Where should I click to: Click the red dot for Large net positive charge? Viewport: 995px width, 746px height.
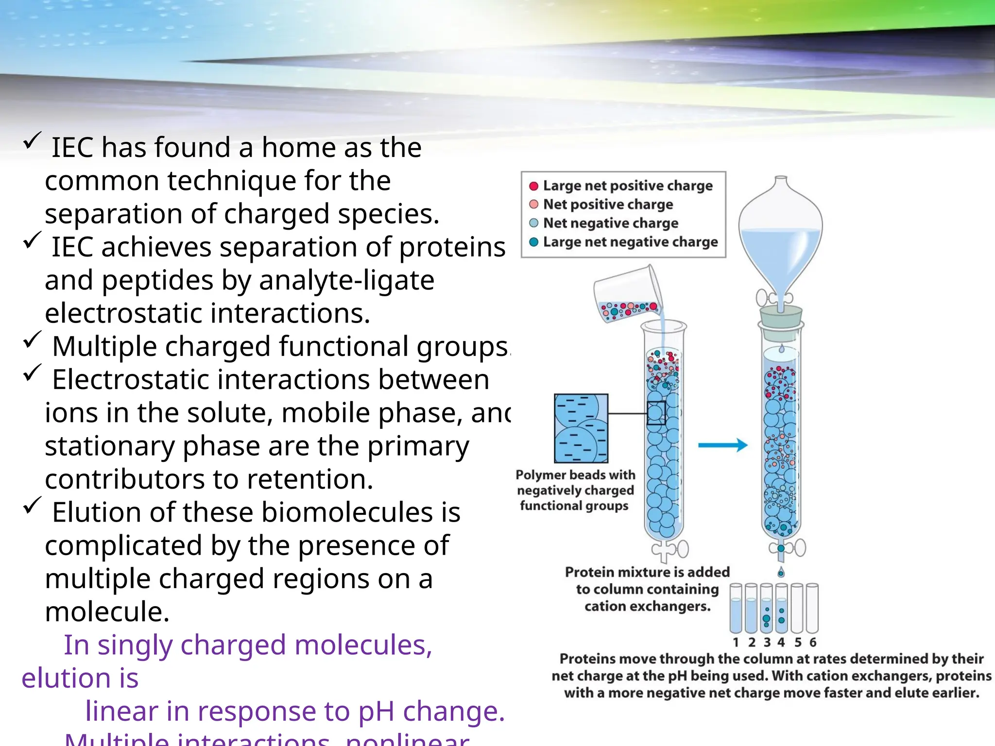pyautogui.click(x=533, y=186)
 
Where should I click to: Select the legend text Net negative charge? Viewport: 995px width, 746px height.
pyautogui.click(x=610, y=223)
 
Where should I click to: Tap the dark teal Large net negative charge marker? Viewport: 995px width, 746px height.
pyautogui.click(x=533, y=242)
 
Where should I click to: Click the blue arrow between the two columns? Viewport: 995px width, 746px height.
pyautogui.click(x=722, y=445)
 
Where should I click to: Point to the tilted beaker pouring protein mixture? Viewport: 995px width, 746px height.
pyautogui.click(x=627, y=294)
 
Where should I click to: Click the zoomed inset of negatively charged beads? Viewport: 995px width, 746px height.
pyautogui.click(x=581, y=428)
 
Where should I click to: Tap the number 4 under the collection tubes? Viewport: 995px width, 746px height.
pyautogui.click(x=781, y=642)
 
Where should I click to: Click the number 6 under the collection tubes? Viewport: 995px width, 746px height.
pyautogui.click(x=813, y=642)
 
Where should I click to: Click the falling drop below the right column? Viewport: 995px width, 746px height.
pyautogui.click(x=781, y=572)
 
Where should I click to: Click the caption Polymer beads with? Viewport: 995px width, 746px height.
pyautogui.click(x=575, y=475)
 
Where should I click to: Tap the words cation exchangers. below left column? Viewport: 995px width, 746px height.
pyautogui.click(x=647, y=606)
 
